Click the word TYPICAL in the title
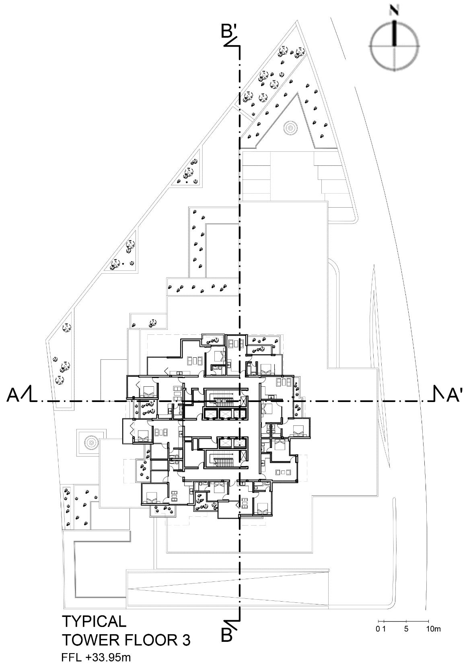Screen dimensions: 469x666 tap(94, 622)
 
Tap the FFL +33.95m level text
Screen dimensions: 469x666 tap(96, 658)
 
